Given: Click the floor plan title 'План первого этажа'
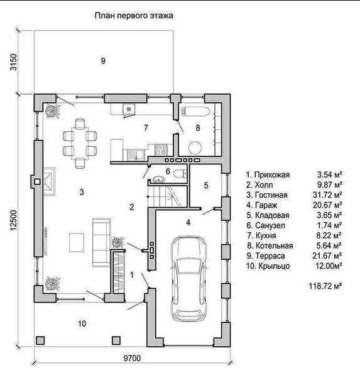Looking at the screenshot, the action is (134, 16).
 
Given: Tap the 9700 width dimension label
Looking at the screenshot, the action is (132, 358).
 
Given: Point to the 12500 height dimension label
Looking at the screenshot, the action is (14, 220).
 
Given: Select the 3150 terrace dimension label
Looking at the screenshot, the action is (14, 62).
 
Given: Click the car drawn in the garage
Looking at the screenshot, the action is (189, 279).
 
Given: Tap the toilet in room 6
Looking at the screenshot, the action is (180, 174).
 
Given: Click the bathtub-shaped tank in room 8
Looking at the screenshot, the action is (195, 112).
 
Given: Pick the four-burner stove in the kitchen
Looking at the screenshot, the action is (161, 149).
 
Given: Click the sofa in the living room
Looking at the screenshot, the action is (102, 242).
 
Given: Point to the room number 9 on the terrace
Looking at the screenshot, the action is (103, 61).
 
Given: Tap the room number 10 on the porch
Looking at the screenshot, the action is (82, 323).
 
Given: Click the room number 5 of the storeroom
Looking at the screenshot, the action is (206, 185).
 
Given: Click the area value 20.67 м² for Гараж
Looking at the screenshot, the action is (327, 205).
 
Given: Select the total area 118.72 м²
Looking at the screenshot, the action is (325, 286).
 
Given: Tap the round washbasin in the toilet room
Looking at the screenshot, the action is (159, 179).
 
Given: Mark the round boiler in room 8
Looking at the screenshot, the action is (195, 147).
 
